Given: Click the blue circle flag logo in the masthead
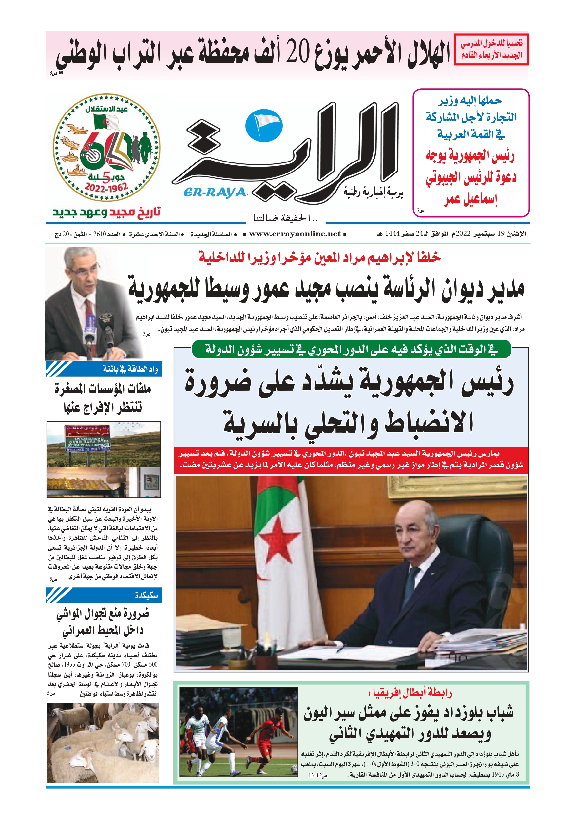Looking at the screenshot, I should [x=264, y=126].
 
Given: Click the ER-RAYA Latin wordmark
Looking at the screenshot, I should [x=214, y=193].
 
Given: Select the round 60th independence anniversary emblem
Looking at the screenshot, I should [x=106, y=148].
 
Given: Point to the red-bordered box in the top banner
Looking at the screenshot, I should [x=491, y=50].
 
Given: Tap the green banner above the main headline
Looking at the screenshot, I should [x=351, y=350].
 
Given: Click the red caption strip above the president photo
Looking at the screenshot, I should [x=351, y=460].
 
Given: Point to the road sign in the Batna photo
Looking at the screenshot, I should [x=87, y=438].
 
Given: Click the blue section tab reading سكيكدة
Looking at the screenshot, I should [x=104, y=595].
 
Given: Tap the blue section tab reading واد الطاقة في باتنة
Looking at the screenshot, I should [x=104, y=369].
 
